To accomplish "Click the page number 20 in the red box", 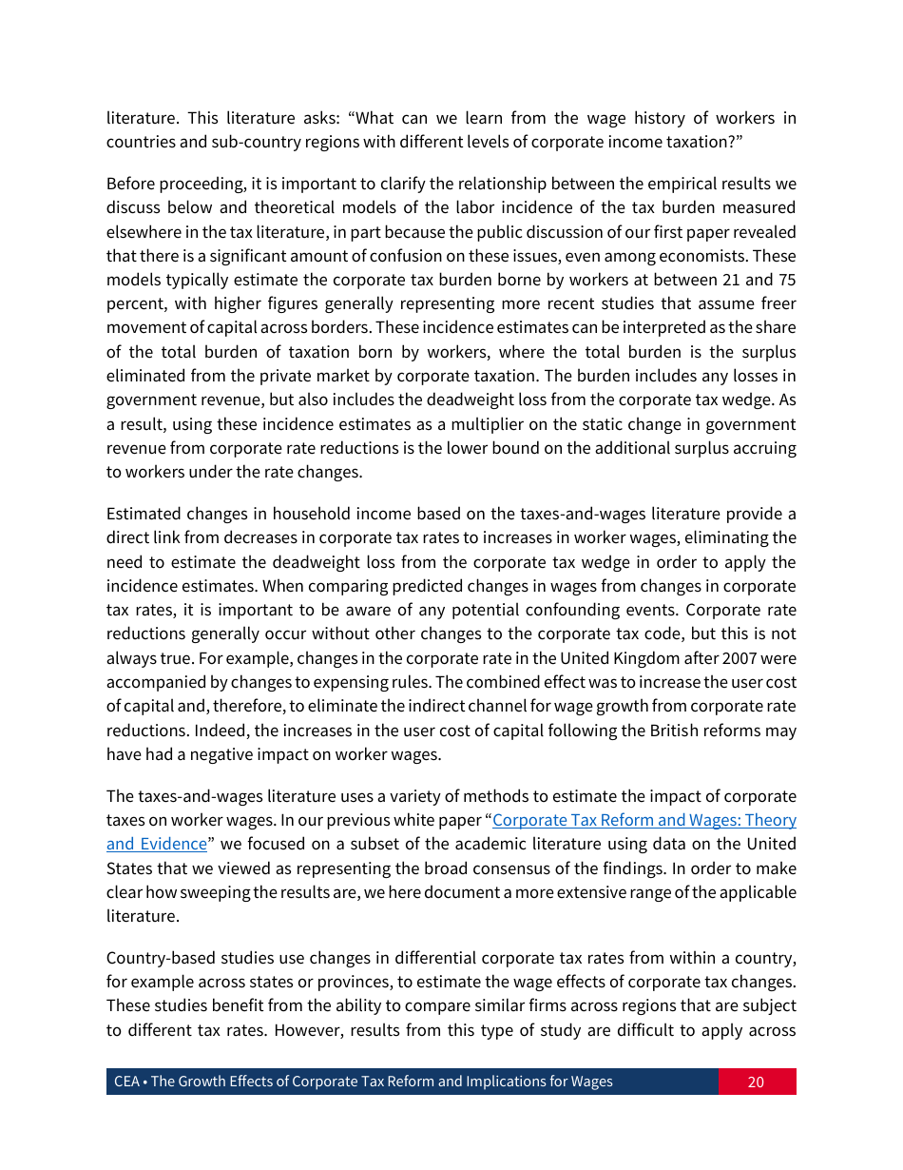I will pos(756,1082).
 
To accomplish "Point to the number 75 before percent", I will pos(786,280).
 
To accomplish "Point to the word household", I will pos(291,515).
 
